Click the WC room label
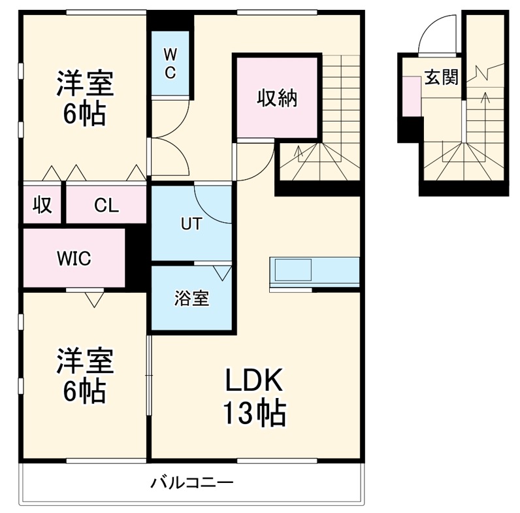pos(170,63)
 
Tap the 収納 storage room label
pos(276,98)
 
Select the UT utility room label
pos(191,224)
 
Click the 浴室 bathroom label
pos(191,299)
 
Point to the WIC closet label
pos(73,257)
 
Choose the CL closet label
pos(106,205)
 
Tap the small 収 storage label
pos(42,205)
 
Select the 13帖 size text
pos(255,412)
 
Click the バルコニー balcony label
pos(192,484)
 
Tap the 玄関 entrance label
pos(442,78)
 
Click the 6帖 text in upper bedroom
pos(84,115)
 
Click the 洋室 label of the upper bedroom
pos(84,84)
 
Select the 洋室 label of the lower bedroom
pos(84,361)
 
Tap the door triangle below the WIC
pos(94,299)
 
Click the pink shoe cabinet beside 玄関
pos(412,95)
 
